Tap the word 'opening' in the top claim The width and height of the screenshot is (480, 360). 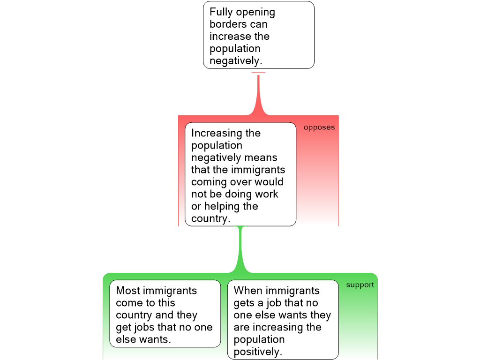click(255, 13)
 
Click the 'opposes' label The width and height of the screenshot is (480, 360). click(319, 127)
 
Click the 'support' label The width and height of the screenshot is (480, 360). click(360, 285)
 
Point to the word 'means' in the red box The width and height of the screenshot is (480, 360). click(261, 157)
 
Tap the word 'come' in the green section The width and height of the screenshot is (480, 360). click(129, 303)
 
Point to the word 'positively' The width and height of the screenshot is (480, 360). click(257, 352)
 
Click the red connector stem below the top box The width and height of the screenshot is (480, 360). click(258, 94)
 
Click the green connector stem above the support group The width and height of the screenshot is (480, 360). click(241, 248)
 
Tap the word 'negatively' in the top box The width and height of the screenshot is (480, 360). click(234, 61)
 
